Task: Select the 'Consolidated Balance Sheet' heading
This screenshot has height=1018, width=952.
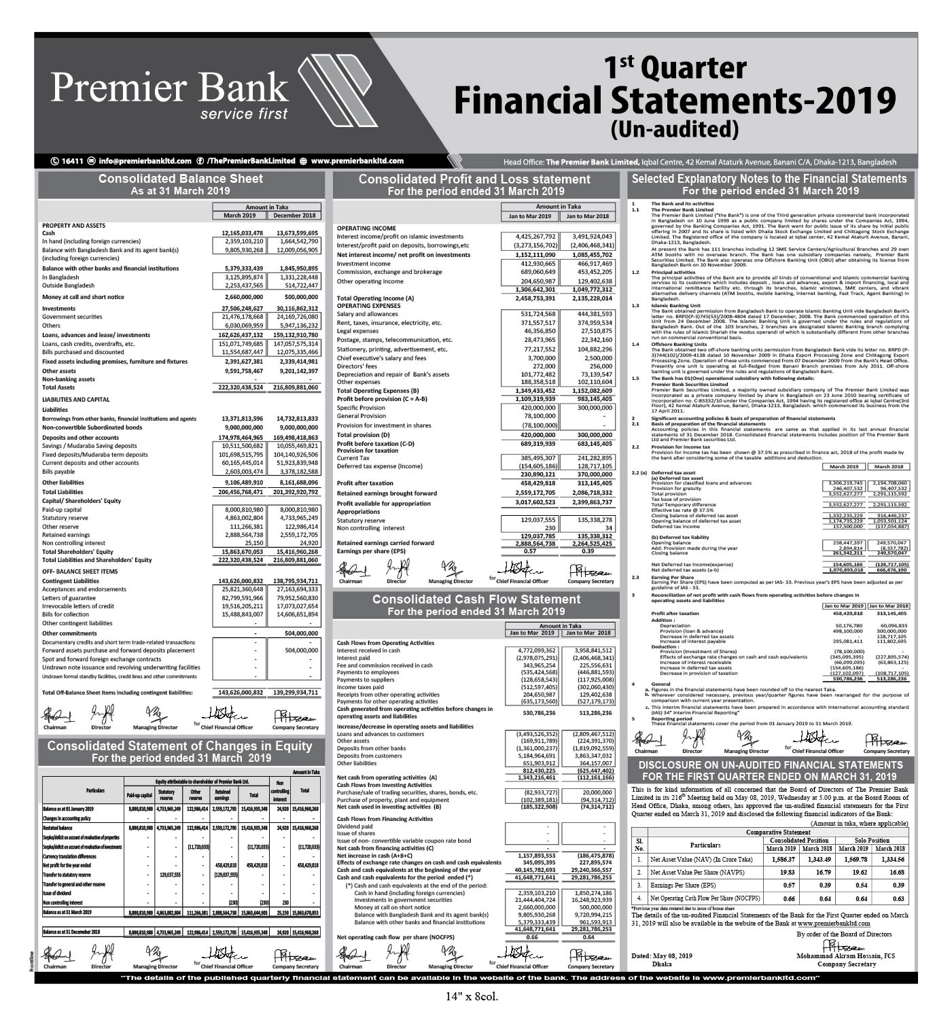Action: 180,179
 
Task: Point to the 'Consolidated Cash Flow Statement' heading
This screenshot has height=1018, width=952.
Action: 476,599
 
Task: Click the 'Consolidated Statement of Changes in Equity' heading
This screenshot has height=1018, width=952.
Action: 180,745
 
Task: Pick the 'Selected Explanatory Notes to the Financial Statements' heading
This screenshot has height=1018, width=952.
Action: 769,179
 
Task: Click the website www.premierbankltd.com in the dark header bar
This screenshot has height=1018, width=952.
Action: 357,161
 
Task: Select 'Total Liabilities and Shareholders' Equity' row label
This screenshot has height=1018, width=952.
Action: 97,560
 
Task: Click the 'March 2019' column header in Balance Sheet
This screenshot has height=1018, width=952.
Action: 239,215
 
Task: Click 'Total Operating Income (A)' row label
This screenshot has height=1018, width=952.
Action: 375,298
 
